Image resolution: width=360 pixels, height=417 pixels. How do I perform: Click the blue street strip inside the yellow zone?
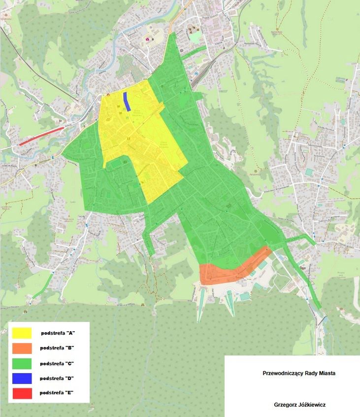tap(126, 102)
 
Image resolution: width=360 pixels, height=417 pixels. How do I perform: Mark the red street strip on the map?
tap(41, 136)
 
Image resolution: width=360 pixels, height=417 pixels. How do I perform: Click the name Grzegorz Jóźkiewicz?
tap(299, 405)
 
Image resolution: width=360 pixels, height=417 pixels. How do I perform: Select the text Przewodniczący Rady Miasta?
tap(299, 374)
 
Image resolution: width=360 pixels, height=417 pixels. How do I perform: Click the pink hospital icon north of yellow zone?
tap(147, 38)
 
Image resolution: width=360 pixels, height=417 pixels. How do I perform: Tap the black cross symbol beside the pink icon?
tap(154, 38)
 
